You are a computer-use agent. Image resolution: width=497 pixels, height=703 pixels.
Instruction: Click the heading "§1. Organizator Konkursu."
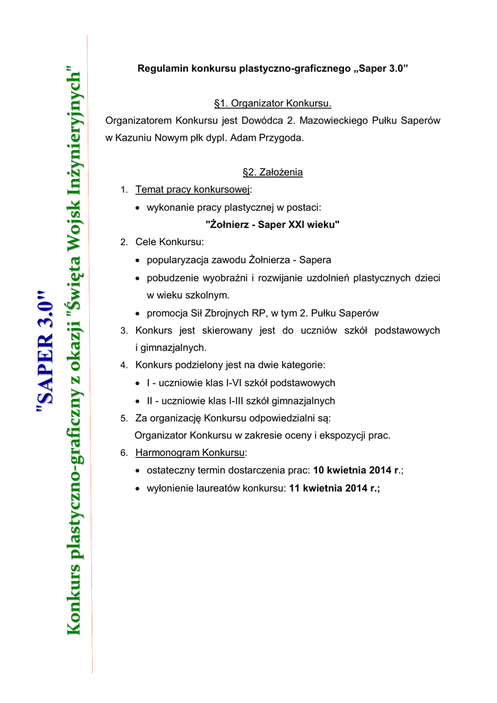[x=273, y=104]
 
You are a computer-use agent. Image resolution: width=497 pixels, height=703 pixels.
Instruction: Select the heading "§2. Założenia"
[x=273, y=172]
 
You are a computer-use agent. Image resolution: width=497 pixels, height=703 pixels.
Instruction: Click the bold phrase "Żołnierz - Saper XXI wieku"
[x=273, y=224]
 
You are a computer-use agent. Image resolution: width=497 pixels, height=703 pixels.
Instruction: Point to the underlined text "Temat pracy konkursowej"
[x=193, y=189]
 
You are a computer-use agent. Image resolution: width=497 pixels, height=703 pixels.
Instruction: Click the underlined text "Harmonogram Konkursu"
[x=190, y=453]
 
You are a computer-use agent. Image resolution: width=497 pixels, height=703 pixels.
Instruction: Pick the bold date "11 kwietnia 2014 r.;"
[x=334, y=488]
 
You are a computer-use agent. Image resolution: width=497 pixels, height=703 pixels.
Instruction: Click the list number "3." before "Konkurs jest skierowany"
[x=124, y=331]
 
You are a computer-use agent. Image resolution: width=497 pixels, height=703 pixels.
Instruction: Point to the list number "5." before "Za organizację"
[x=124, y=418]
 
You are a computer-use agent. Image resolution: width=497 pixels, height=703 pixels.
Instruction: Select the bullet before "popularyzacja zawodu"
[x=139, y=261]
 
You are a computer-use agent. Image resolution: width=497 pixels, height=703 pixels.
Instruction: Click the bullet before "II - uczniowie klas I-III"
[x=139, y=401]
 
